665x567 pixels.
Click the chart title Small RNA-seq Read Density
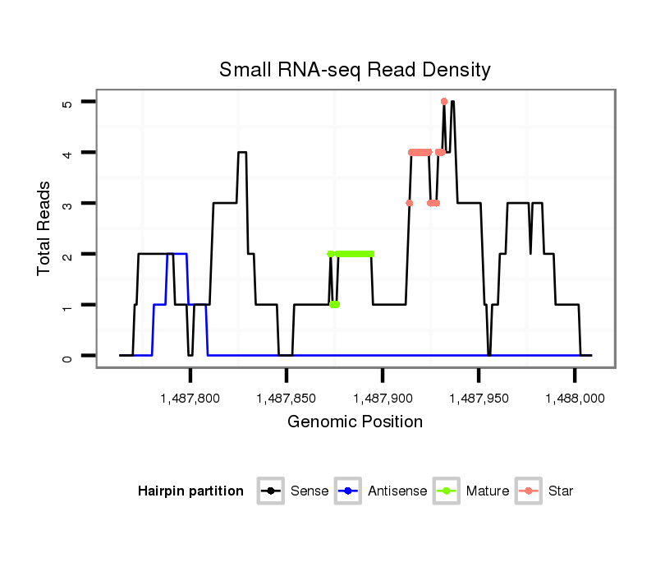coord(355,70)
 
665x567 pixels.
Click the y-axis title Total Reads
coord(44,228)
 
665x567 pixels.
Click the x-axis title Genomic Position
coord(355,422)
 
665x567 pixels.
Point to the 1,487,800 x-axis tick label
coord(190,399)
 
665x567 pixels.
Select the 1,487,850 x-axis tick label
coord(286,399)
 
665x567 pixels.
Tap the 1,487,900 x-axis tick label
coord(383,399)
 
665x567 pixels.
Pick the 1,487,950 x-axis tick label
coord(479,399)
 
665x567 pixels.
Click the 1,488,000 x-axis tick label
coord(575,399)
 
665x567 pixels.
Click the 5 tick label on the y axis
coord(67,103)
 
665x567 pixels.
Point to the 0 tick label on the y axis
coord(67,357)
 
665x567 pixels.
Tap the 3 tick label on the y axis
coord(67,204)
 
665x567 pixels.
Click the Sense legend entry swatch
coord(270,491)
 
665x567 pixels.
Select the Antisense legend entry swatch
coord(348,491)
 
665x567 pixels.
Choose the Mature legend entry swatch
coord(446,491)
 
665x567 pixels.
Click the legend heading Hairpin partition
coord(190,491)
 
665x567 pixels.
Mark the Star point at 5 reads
coord(444,102)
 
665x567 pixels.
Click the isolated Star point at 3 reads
coord(409,203)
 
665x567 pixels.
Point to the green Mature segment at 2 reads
coord(355,254)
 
